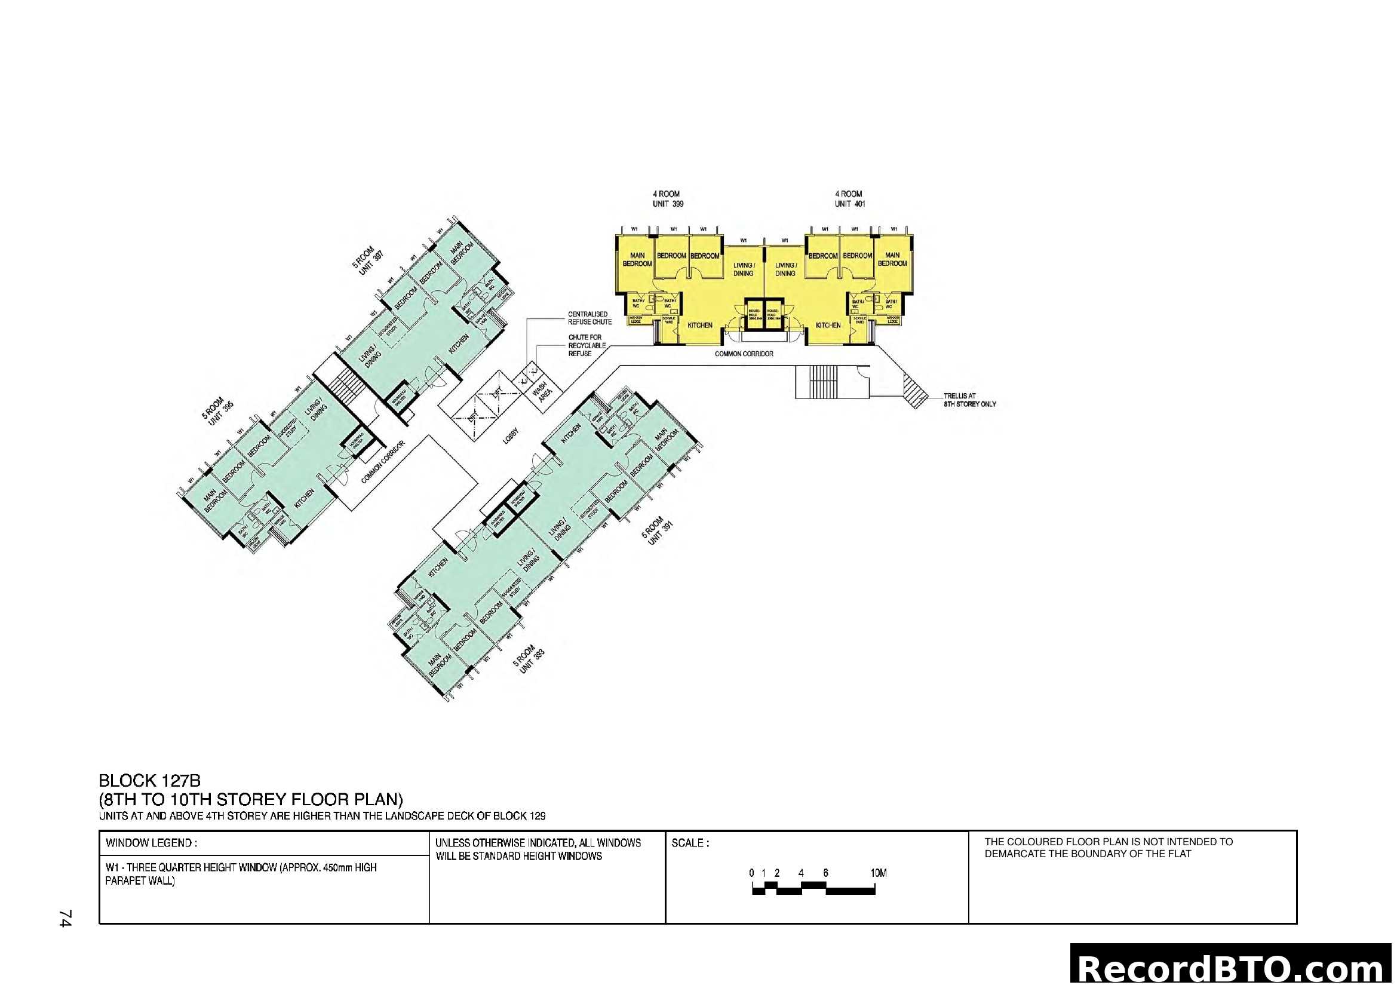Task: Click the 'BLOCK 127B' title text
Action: (149, 780)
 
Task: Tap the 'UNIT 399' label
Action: (668, 204)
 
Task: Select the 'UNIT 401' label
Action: (849, 204)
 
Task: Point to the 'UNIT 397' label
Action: (371, 264)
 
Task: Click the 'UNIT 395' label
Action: (222, 415)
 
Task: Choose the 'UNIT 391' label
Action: (660, 533)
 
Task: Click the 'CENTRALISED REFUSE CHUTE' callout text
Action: (589, 318)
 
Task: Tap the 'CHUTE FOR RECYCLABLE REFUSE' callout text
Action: (587, 345)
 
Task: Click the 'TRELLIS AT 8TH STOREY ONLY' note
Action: (969, 400)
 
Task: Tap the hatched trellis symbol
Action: (914, 390)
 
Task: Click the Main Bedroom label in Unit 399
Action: (637, 259)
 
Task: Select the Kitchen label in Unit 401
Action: (827, 326)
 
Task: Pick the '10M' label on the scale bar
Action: (878, 873)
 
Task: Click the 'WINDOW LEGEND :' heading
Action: (151, 843)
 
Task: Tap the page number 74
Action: (65, 918)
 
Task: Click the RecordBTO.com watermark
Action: (1233, 968)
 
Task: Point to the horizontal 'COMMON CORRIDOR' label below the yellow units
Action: (744, 354)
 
